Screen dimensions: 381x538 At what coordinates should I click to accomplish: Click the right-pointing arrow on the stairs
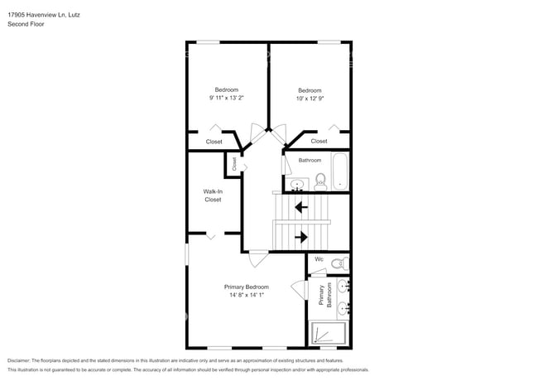(301, 237)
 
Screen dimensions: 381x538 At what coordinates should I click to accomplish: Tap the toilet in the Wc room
(337, 264)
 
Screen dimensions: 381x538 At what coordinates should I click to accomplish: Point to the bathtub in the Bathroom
(340, 171)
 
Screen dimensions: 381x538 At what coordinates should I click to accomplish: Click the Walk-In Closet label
(213, 195)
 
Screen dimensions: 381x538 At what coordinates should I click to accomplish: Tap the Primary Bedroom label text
(246, 287)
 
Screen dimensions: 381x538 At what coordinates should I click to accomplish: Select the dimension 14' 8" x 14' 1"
(246, 295)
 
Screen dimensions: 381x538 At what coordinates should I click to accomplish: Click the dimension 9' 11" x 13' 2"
(227, 98)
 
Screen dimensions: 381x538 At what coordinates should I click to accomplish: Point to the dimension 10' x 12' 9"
(310, 98)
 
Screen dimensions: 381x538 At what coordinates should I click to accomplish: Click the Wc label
(319, 259)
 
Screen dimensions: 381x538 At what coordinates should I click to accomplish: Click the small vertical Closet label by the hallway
(234, 164)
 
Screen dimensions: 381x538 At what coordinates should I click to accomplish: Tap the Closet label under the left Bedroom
(214, 142)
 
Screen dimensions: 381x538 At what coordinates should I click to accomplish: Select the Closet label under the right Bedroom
(319, 142)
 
